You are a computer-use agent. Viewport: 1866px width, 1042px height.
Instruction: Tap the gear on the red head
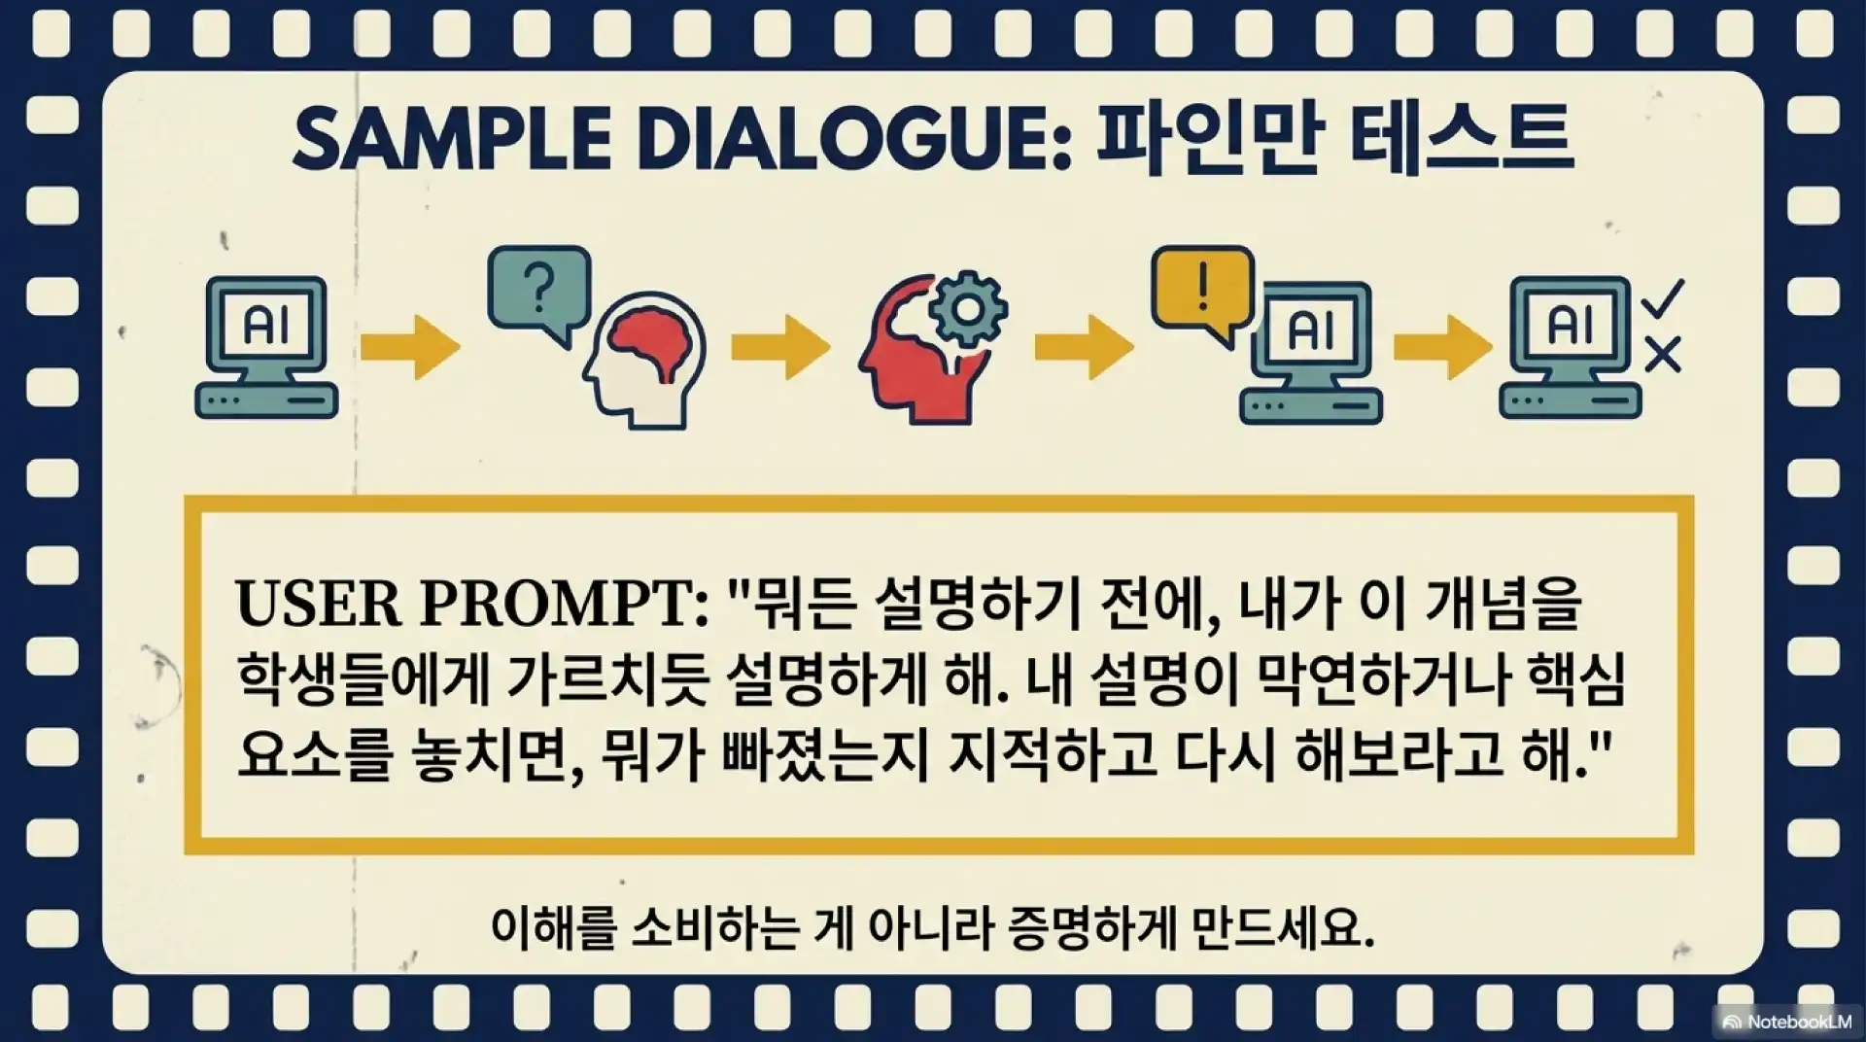point(967,308)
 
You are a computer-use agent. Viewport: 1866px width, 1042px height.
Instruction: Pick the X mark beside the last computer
point(1663,355)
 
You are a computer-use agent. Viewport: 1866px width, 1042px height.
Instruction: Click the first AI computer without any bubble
point(266,347)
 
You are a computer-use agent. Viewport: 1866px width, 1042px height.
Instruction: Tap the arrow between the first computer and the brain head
point(410,346)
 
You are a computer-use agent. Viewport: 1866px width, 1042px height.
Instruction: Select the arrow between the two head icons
point(780,346)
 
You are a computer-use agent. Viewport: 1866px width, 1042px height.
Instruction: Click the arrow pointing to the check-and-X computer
point(1443,346)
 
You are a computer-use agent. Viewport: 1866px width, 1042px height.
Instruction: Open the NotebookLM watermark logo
point(1786,1022)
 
